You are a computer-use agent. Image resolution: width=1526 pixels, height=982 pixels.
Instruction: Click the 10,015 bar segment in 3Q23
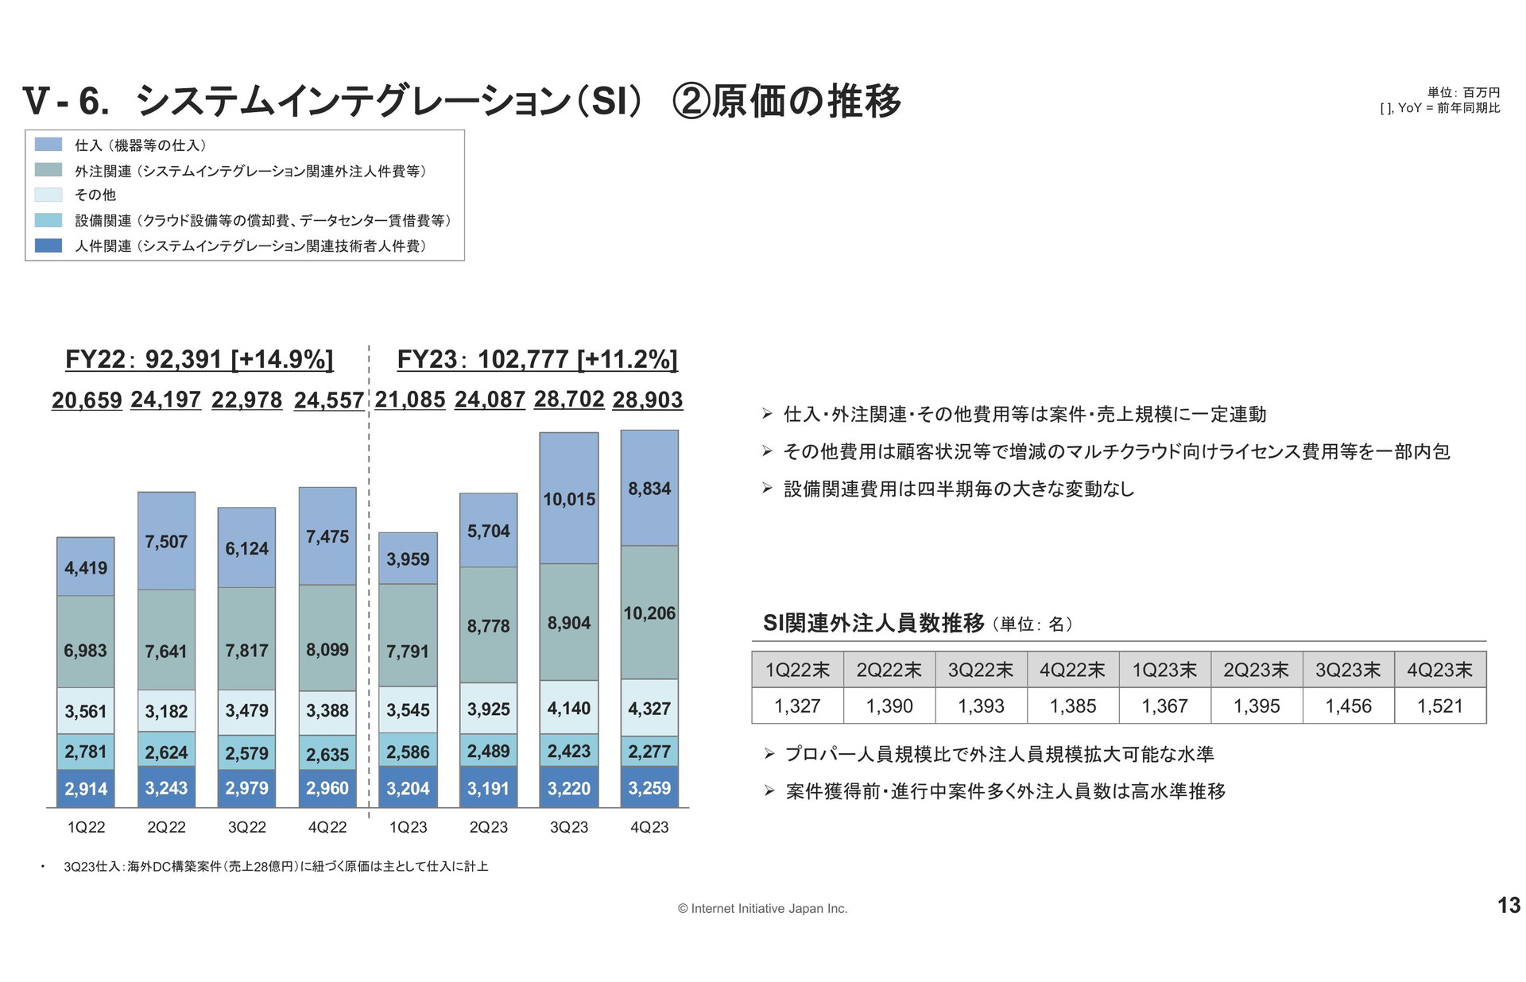point(569,499)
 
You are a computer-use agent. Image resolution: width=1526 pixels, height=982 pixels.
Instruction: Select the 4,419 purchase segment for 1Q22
point(86,567)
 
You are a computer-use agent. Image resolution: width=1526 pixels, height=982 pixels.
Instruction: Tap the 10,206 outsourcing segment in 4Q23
point(649,613)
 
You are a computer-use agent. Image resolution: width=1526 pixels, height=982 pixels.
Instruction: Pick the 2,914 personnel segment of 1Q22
point(86,789)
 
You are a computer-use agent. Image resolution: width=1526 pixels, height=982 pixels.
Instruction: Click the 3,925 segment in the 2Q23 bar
point(489,709)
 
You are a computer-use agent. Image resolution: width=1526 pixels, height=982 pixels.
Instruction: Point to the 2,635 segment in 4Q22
point(327,754)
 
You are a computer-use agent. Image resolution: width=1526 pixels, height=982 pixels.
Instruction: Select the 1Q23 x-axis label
point(408,827)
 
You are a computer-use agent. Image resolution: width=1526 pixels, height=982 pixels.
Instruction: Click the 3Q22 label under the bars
point(247,827)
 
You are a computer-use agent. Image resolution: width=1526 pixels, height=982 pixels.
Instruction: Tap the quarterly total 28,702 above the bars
point(569,399)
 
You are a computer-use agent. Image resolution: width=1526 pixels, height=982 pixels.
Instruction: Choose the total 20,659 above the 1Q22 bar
point(87,400)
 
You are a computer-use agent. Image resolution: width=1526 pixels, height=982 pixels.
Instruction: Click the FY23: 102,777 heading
point(537,359)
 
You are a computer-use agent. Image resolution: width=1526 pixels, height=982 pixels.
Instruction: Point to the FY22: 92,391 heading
point(199,359)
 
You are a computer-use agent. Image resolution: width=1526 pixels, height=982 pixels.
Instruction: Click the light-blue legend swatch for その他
point(48,195)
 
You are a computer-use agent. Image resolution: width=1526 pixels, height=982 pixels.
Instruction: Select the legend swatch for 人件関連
point(48,246)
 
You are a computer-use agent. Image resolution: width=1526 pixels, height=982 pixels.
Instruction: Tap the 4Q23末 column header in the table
point(1440,670)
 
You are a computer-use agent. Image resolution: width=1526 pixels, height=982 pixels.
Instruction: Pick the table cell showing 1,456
point(1348,706)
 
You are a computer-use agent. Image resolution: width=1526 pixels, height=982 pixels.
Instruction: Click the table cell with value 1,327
point(797,706)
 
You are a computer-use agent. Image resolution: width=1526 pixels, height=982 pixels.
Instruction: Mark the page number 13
point(1509,905)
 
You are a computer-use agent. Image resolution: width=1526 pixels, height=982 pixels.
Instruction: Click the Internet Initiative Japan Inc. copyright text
point(763,908)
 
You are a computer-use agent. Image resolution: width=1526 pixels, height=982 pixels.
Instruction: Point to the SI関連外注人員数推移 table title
point(873,623)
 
